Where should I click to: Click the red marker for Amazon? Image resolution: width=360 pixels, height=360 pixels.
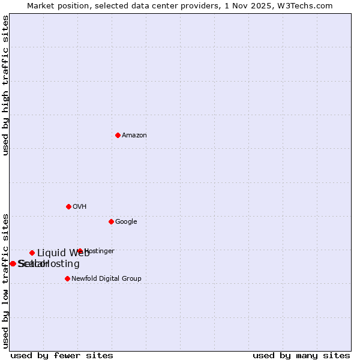pyautogui.click(x=118, y=135)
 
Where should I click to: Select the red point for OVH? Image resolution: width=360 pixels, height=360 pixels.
pyautogui.click(x=68, y=206)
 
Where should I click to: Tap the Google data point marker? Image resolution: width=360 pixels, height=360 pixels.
pyautogui.click(x=111, y=221)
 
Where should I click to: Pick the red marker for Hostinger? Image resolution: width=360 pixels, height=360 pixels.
pyautogui.click(x=80, y=251)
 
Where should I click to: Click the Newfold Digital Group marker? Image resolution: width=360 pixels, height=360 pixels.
pyautogui.click(x=67, y=278)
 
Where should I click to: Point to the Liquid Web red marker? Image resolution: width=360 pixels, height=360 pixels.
pyautogui.click(x=32, y=253)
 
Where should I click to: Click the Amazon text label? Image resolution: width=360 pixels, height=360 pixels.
pyautogui.click(x=134, y=136)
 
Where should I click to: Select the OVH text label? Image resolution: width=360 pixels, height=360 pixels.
pyautogui.click(x=80, y=207)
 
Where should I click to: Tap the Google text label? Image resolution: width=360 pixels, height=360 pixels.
pyautogui.click(x=126, y=222)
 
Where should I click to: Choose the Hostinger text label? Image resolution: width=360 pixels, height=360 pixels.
pyautogui.click(x=100, y=251)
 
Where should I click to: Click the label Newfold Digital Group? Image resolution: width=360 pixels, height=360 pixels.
pyautogui.click(x=106, y=279)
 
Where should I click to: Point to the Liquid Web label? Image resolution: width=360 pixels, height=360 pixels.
pyautogui.click(x=63, y=253)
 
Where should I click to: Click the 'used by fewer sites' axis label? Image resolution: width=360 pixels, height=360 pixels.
pyautogui.click(x=62, y=355)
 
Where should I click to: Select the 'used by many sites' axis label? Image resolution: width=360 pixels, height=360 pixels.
pyautogui.click(x=301, y=355)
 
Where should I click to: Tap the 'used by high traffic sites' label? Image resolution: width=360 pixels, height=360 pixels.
pyautogui.click(x=6, y=85)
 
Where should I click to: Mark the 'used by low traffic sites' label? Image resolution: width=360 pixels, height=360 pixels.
pyautogui.click(x=6, y=280)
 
